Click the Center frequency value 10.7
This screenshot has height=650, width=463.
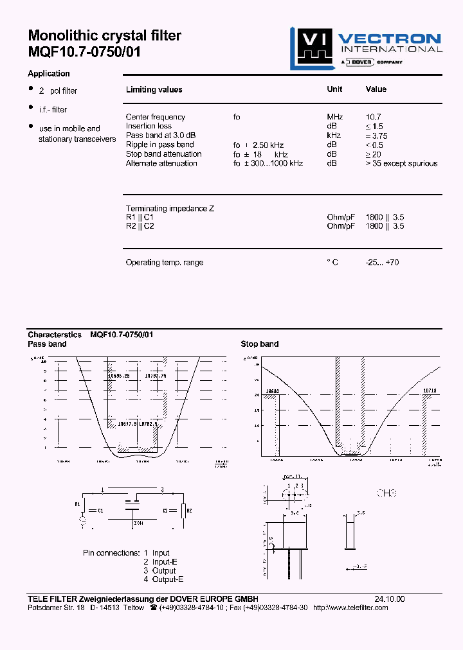point(373,117)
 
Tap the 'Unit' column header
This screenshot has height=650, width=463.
point(334,89)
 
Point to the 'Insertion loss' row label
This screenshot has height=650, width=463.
point(149,126)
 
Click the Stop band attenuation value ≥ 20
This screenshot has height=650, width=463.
point(373,154)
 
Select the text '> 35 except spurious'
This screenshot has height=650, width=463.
point(401,163)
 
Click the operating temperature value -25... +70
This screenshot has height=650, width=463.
point(382,262)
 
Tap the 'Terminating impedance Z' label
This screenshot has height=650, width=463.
point(170,209)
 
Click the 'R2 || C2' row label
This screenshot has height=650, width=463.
point(140,226)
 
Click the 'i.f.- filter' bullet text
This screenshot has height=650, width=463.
point(53,110)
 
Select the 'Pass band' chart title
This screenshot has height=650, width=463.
point(47,344)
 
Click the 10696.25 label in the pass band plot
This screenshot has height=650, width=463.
point(120,375)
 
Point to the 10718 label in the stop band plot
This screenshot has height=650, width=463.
point(429,391)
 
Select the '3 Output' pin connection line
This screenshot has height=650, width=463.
point(159,570)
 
